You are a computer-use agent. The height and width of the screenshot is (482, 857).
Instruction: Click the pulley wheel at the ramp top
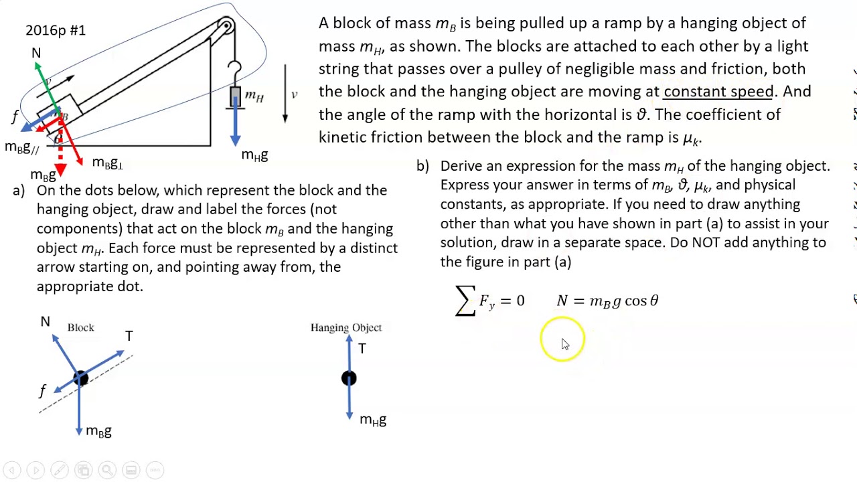point(226,27)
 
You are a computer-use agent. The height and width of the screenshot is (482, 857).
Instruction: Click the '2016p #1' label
point(56,30)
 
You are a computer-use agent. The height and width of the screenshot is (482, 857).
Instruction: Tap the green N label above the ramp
point(36,53)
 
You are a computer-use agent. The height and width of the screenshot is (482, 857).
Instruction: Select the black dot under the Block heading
point(80,379)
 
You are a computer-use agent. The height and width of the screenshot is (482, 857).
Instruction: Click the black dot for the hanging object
point(349,379)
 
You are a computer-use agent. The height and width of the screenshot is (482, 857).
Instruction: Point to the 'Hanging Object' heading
point(345,327)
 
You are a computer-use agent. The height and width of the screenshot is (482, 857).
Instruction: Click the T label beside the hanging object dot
point(362,349)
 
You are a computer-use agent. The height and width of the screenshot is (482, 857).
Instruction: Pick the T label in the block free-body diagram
point(129,336)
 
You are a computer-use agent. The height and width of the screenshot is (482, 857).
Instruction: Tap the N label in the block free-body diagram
point(45,322)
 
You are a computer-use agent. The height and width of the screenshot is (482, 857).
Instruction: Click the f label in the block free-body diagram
point(43,390)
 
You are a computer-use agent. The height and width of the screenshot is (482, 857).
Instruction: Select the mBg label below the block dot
point(98,432)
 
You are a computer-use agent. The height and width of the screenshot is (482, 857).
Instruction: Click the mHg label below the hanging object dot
point(373,420)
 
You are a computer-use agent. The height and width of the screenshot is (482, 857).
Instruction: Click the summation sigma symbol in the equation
point(465,301)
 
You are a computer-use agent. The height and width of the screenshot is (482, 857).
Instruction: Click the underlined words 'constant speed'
point(718,92)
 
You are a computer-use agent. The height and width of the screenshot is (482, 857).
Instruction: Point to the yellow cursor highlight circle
point(562,339)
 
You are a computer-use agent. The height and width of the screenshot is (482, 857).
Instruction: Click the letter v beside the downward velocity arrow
point(294,94)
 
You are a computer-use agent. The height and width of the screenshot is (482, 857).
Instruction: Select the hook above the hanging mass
point(234,70)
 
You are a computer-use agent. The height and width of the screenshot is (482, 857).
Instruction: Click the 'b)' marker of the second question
point(422,166)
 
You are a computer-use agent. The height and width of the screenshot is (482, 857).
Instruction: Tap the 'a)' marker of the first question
point(19,191)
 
